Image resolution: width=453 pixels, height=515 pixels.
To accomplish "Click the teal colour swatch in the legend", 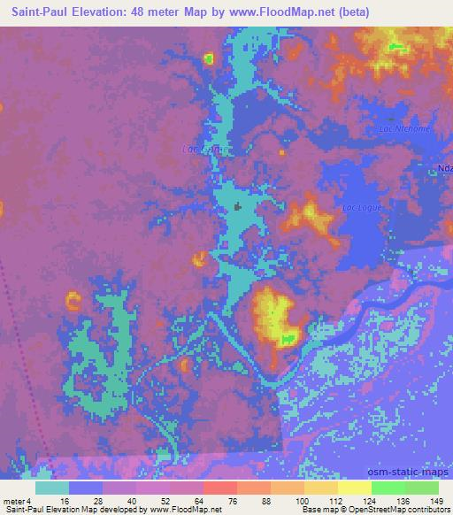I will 52,487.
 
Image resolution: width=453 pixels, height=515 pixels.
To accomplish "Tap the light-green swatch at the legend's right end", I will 421,487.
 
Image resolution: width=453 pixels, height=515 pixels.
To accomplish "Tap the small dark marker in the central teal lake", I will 237,206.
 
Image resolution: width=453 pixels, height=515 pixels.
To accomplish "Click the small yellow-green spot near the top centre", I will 209,59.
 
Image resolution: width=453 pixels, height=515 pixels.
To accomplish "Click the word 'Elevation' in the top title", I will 98,12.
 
